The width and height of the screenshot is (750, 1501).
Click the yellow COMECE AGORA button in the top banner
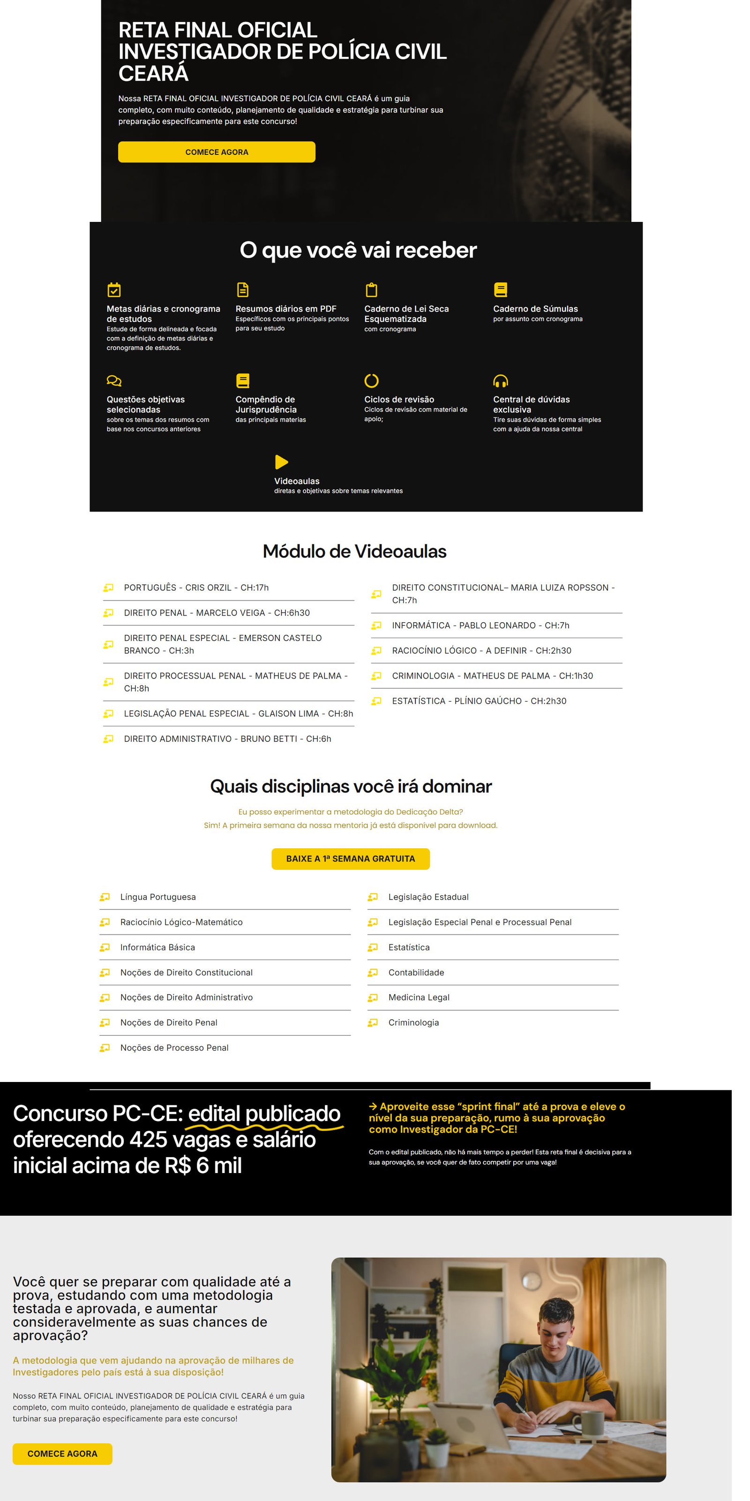point(217,152)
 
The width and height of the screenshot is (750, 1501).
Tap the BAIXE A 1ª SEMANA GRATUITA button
point(351,858)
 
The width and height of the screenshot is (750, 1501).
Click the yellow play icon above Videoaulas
point(281,462)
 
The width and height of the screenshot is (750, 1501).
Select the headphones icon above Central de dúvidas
point(500,381)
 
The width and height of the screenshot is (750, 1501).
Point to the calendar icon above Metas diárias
point(114,290)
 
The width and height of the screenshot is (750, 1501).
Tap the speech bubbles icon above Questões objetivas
point(114,381)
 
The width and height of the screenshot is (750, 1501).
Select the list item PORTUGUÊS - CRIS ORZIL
point(196,587)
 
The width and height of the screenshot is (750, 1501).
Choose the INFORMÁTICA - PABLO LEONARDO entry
point(480,625)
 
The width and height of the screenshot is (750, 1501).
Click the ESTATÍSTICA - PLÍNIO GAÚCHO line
point(479,701)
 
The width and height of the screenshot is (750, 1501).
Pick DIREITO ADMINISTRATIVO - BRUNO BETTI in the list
point(227,739)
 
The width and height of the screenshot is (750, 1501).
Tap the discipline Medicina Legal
point(419,998)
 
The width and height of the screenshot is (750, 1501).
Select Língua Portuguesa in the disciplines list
point(158,897)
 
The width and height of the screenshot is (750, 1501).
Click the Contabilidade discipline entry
point(416,973)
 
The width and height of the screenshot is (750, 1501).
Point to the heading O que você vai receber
point(358,250)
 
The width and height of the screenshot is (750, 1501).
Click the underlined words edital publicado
point(264,1113)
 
